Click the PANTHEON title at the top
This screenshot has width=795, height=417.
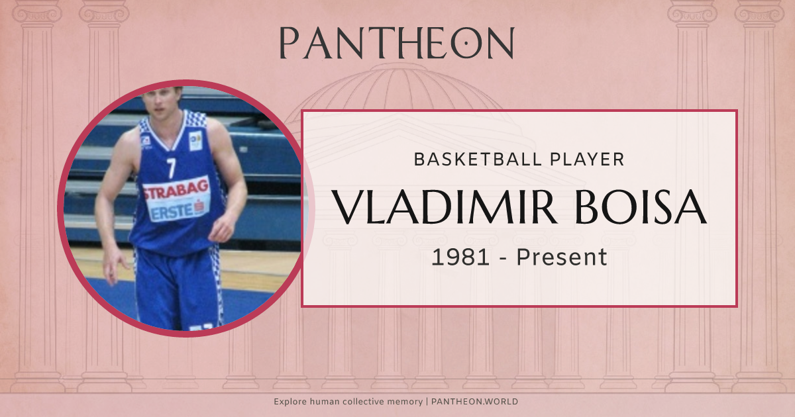pos(396,43)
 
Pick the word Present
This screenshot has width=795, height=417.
pos(562,257)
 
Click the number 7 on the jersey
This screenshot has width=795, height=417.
pos(172,168)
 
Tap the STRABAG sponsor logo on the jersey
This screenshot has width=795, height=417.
pos(176,192)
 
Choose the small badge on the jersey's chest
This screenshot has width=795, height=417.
pos(195,140)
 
